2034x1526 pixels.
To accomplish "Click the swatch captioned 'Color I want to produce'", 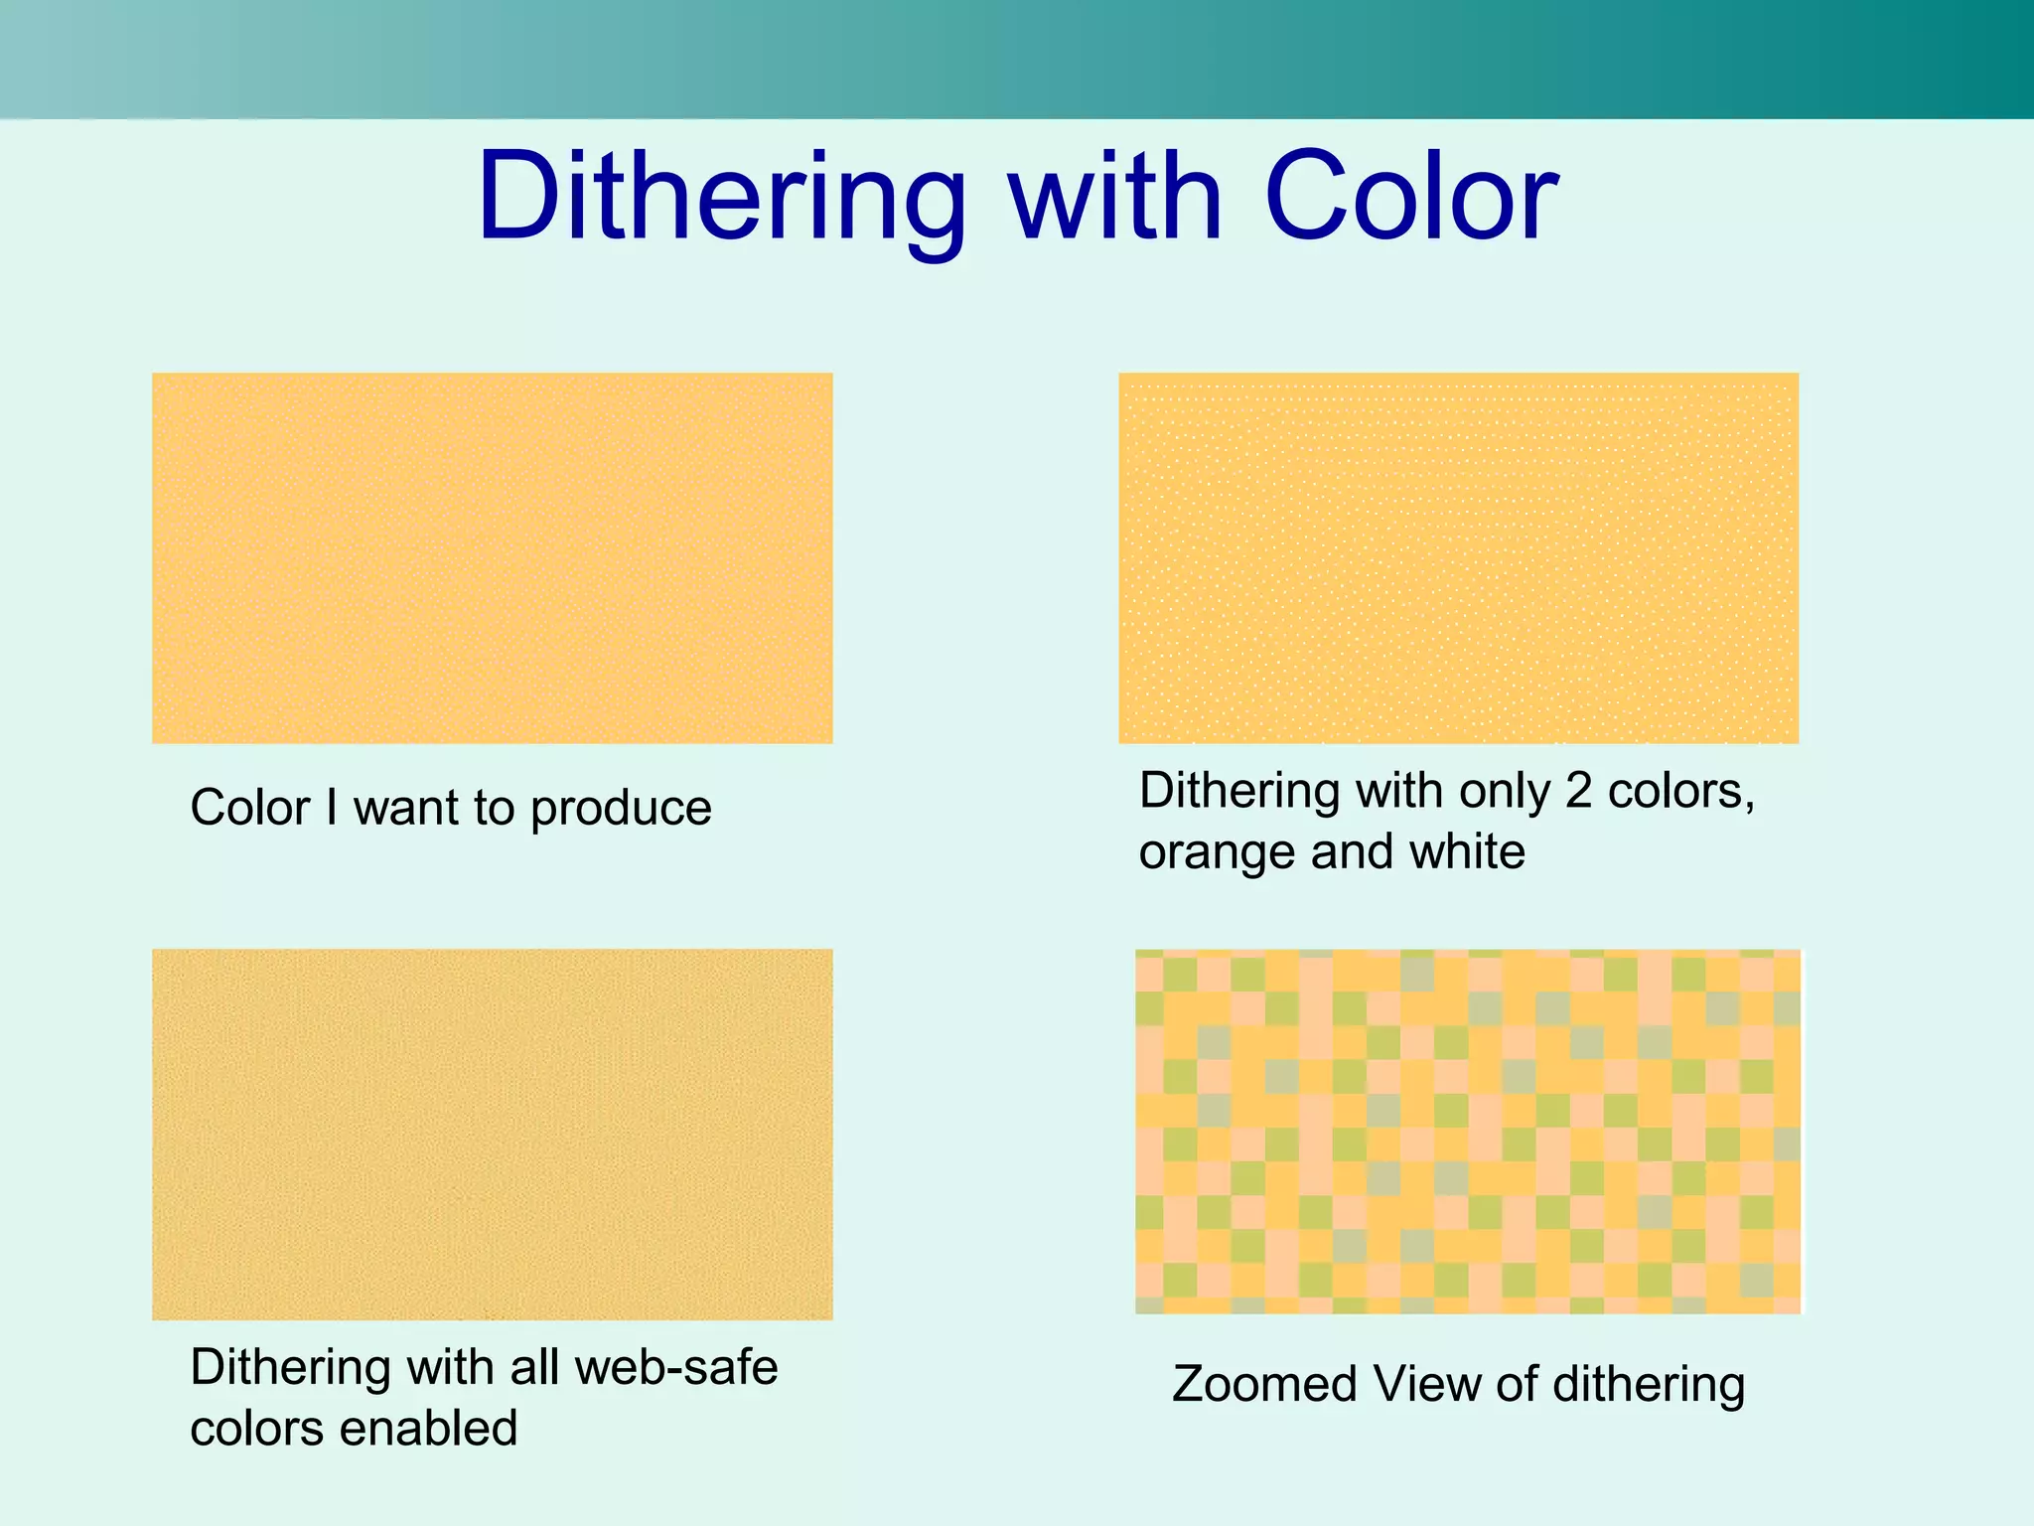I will (x=492, y=558).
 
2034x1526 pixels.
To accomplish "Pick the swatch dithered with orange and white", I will (x=1458, y=558).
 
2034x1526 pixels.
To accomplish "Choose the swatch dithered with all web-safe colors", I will (x=492, y=1134).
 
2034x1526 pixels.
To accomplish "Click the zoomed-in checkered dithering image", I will (x=1467, y=1132).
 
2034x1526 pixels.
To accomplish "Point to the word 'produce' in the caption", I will (x=621, y=809).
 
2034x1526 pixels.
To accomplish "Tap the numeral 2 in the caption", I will (x=1578, y=792).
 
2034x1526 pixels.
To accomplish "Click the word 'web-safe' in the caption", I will (x=675, y=1367).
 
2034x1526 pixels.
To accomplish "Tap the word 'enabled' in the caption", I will (x=429, y=1429).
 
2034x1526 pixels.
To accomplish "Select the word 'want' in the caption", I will (x=406, y=809).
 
